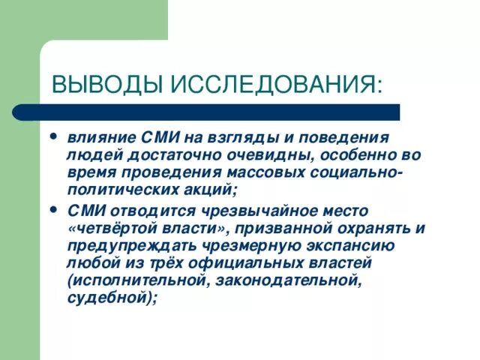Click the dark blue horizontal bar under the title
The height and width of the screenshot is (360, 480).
click(x=225, y=112)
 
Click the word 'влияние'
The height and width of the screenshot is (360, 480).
click(x=95, y=139)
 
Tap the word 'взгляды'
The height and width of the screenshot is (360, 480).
click(x=221, y=139)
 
